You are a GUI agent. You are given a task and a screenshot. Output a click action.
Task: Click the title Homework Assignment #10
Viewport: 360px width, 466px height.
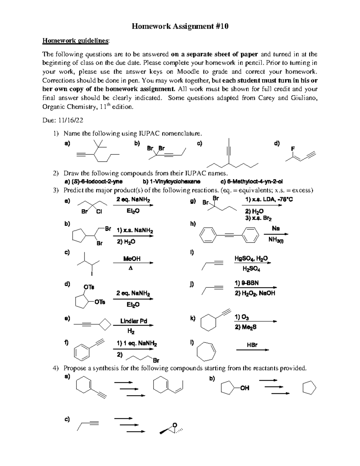[180, 26]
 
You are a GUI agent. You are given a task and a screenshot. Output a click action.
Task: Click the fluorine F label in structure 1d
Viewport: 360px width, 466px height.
[293, 149]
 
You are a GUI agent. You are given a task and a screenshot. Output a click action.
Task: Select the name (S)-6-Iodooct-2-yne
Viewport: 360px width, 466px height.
[94, 182]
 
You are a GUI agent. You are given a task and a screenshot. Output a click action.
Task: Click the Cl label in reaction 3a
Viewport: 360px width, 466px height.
[99, 212]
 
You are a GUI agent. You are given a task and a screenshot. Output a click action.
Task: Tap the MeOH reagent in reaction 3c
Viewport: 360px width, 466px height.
[132, 259]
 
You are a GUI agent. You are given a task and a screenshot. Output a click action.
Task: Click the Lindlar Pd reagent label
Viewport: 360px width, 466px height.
[133, 321]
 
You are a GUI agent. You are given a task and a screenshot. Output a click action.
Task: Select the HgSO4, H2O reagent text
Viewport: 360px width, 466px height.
[251, 259]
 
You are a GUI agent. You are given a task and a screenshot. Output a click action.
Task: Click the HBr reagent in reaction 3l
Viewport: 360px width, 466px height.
[252, 345]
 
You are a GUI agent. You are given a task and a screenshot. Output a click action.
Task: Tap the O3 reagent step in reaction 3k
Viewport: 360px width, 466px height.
[241, 317]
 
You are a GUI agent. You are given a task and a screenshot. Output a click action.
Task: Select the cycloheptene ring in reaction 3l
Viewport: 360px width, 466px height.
[206, 350]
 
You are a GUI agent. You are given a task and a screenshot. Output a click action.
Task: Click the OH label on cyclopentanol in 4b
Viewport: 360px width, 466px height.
[244, 388]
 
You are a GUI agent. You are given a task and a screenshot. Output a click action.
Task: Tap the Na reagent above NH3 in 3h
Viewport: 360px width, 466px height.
[276, 228]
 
